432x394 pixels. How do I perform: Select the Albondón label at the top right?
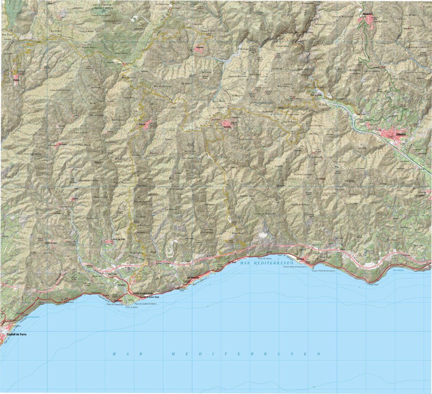click(368, 15)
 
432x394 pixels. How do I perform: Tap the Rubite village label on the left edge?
click(16, 77)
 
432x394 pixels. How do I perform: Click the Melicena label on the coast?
click(300, 259)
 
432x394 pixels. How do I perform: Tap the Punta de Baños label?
click(131, 307)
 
